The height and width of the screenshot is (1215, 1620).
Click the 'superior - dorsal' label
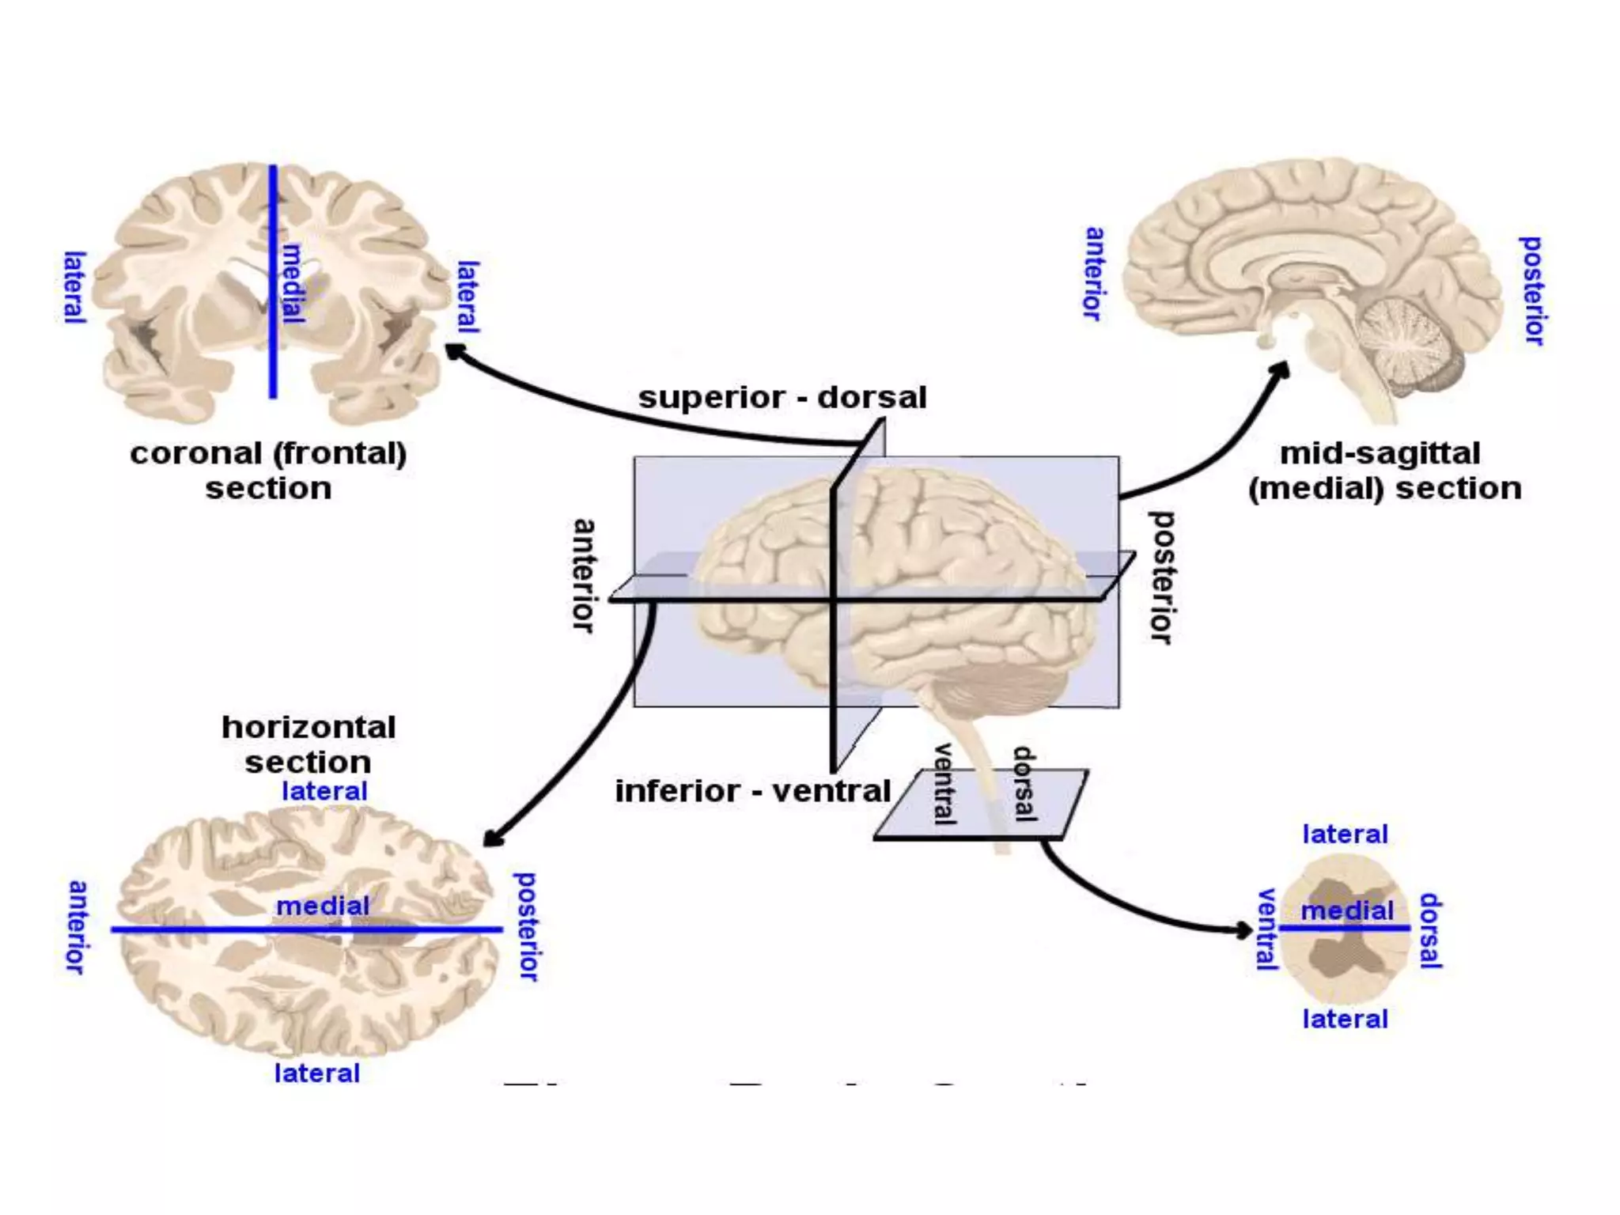click(x=782, y=397)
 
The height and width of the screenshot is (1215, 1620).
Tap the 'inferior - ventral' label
click(x=753, y=791)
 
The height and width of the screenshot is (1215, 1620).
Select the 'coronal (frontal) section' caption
click(x=268, y=471)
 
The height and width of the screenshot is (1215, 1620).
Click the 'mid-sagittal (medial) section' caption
click(x=1384, y=471)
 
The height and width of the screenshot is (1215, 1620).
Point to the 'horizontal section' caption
click(x=308, y=744)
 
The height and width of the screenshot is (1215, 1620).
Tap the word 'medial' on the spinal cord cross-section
click(x=1347, y=910)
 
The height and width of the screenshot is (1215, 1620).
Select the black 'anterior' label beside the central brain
click(x=584, y=575)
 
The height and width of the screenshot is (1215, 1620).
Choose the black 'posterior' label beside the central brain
click(x=1160, y=577)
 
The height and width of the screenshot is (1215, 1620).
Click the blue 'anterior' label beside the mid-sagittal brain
click(x=1094, y=274)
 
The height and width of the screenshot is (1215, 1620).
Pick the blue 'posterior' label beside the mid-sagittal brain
click(x=1532, y=290)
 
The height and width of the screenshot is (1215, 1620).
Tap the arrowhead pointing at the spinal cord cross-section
click(x=1244, y=929)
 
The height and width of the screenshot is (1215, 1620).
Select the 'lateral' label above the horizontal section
click(x=324, y=791)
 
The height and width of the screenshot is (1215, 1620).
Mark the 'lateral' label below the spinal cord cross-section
click(x=1345, y=1019)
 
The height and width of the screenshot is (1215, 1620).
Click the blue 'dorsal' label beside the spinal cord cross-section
click(x=1430, y=930)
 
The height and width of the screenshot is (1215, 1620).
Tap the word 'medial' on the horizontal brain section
click(x=323, y=906)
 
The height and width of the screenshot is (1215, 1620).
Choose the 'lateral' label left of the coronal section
click(x=74, y=287)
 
